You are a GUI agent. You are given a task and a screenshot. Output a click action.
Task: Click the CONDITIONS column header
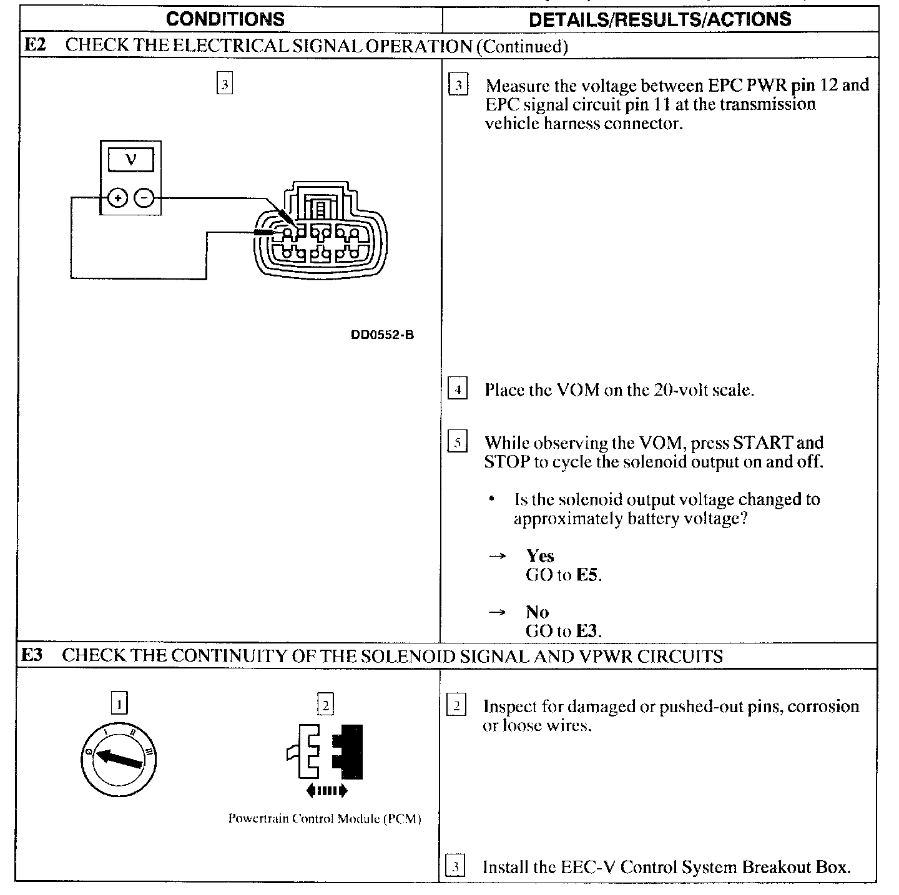coord(225,19)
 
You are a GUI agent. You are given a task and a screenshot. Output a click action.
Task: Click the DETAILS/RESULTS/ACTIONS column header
coord(659,19)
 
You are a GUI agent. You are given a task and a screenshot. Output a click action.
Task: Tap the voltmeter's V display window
coord(130,160)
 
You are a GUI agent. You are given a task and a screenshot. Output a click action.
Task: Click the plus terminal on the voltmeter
coord(117,198)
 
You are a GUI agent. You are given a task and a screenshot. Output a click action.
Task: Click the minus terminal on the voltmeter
coord(144,198)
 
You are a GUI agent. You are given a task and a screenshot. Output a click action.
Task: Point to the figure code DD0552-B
coord(382,335)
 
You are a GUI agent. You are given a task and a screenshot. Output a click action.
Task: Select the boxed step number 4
coord(458,390)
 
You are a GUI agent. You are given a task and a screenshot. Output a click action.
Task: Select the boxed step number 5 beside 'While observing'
coord(458,443)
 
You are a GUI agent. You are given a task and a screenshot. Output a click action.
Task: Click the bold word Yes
coord(540,555)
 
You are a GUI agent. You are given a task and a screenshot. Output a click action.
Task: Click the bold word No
coord(537,612)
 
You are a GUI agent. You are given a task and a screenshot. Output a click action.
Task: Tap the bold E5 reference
coord(587,575)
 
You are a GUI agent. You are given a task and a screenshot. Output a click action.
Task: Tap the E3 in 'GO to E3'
coord(587,631)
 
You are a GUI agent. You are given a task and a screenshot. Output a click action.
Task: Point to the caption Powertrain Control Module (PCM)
coord(325,818)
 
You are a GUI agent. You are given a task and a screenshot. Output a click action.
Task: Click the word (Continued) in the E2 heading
coord(522,46)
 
